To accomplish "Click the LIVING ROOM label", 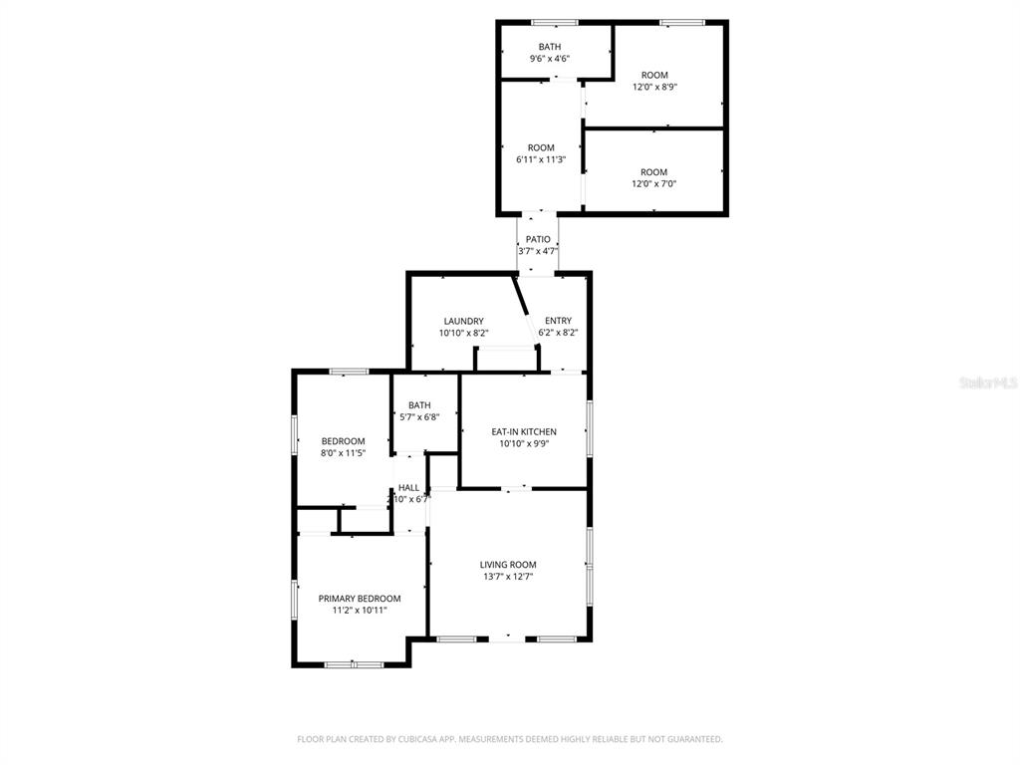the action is click(x=508, y=565).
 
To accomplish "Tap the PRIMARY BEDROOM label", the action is click(x=359, y=599).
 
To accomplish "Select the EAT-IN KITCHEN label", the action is click(x=524, y=432).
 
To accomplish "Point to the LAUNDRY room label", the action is click(x=464, y=322).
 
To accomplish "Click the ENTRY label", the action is click(x=558, y=321).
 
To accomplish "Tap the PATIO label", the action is click(x=538, y=239).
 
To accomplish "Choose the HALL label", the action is click(x=408, y=488).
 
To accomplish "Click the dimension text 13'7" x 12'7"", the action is click(x=508, y=577).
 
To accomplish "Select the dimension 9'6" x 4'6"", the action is click(x=550, y=59).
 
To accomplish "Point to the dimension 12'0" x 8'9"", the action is click(x=654, y=87).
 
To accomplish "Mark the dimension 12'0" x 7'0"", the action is click(x=653, y=184).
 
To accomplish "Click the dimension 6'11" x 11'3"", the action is click(x=541, y=159).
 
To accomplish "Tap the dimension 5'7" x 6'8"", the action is click(x=419, y=417).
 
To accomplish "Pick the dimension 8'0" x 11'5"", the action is click(x=343, y=453).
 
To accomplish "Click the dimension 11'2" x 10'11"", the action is click(x=359, y=611).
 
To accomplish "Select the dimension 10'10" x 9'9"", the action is click(x=524, y=443).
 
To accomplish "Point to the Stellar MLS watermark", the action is click(x=988, y=382).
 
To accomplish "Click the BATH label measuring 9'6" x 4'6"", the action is click(x=550, y=47).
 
